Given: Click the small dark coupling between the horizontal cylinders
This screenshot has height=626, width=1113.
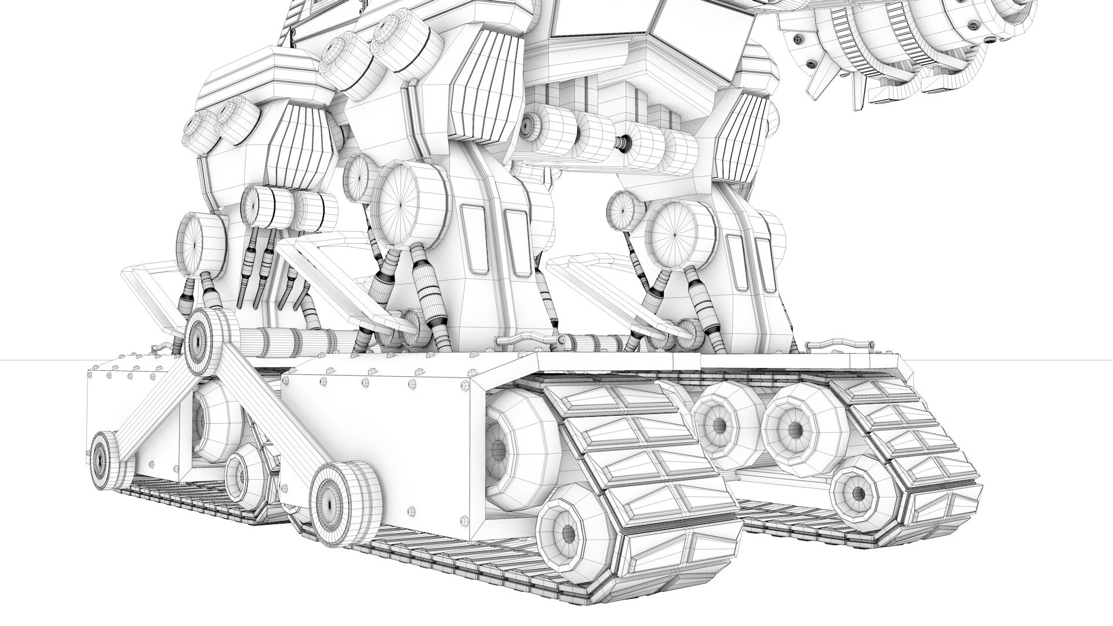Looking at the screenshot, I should (624, 143).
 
